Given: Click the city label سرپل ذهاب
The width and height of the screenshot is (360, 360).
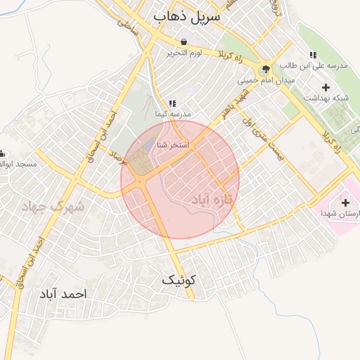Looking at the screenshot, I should click(186, 15).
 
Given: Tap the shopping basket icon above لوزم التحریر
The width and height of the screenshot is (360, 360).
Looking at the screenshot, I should click(184, 41).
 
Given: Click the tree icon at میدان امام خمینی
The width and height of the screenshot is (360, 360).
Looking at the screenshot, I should click(266, 69).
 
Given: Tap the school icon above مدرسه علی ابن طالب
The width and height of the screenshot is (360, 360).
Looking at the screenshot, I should click(313, 55).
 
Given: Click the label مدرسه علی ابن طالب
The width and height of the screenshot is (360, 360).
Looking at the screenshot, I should click(314, 66).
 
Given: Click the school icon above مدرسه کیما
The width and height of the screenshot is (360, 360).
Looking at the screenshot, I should click(172, 103).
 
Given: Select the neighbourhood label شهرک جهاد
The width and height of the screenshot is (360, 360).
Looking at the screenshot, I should click(52, 206).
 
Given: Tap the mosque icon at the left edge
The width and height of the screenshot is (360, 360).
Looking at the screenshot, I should click(2, 153).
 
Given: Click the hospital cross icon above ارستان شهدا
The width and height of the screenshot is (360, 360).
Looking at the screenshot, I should click(345, 202).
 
